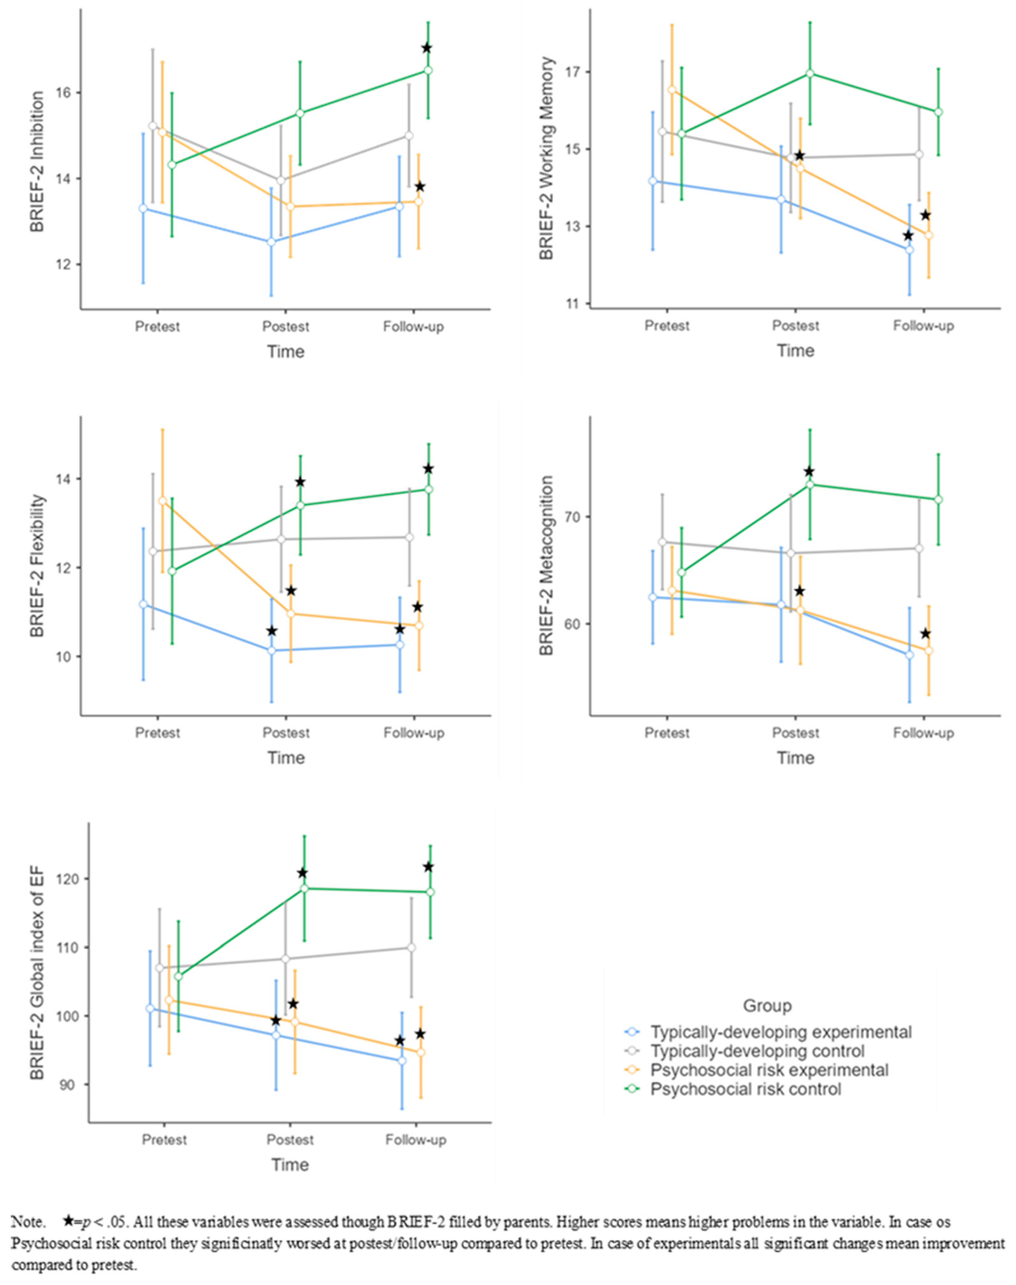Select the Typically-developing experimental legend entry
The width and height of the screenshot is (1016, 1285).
[780, 1032]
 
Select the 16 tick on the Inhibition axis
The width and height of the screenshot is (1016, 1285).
[62, 93]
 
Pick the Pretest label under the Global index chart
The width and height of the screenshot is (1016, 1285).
[164, 1139]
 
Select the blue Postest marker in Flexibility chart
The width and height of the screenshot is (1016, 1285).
[272, 651]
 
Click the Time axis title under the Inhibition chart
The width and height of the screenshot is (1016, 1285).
[285, 351]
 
